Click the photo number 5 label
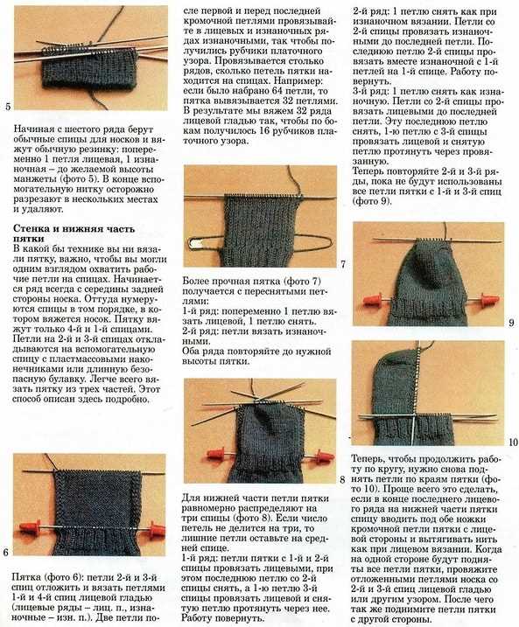coord(8,107)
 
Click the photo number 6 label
coord(5,553)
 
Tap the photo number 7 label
coord(343,264)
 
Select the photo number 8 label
coord(342,479)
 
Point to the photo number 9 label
coord(511,323)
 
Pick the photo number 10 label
coord(513,442)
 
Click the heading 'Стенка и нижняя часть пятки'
coord(74,234)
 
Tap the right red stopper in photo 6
coord(157,529)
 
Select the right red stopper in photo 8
coord(323,456)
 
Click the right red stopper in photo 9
coord(488,300)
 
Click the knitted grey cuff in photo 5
coord(90,69)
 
